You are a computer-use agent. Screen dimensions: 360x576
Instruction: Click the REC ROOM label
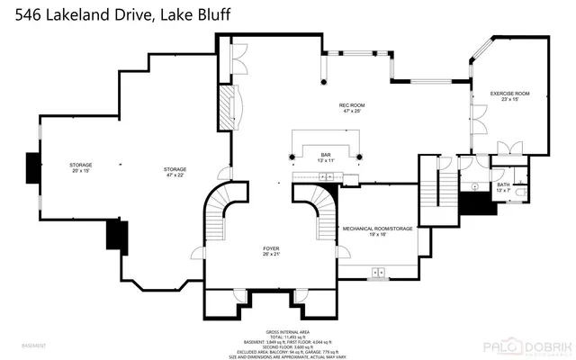tap(350, 105)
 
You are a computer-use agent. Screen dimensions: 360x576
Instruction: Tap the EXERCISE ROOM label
tap(508, 94)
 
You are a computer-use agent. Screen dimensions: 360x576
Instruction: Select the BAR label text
tap(325, 155)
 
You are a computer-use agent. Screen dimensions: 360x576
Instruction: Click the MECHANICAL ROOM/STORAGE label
tap(377, 229)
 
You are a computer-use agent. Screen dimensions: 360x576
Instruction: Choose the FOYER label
tap(271, 250)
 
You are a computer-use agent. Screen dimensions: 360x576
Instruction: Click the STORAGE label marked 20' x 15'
tap(81, 165)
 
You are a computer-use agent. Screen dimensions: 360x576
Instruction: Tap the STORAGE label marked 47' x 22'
tap(175, 169)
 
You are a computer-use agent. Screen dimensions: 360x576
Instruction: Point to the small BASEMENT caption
tap(34, 346)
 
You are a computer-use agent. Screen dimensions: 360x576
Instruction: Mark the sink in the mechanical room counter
tap(379, 271)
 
